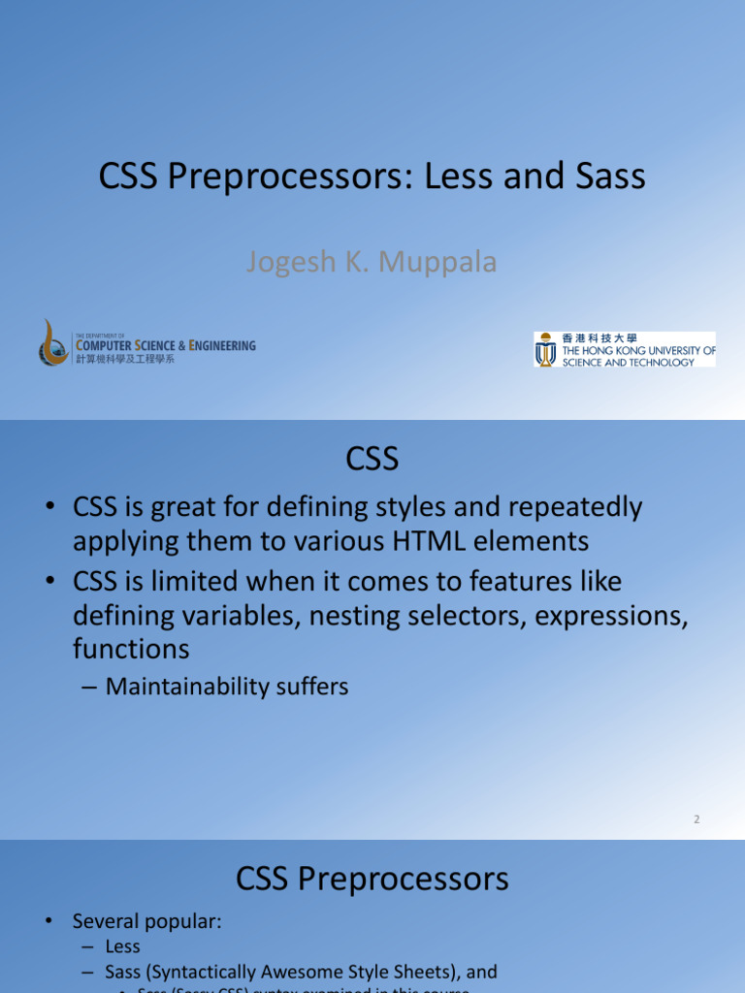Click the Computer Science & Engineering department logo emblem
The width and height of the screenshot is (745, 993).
[x=54, y=343]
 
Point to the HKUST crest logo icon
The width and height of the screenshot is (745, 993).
[x=546, y=349]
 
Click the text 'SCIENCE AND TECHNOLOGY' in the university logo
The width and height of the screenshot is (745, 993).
[x=629, y=363]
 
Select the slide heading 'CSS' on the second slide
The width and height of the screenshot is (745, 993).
[x=372, y=459]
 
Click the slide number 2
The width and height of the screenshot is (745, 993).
[x=696, y=819]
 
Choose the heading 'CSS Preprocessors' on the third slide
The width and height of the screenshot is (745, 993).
[x=372, y=880]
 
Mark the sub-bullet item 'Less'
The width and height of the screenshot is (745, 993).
[x=123, y=946]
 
